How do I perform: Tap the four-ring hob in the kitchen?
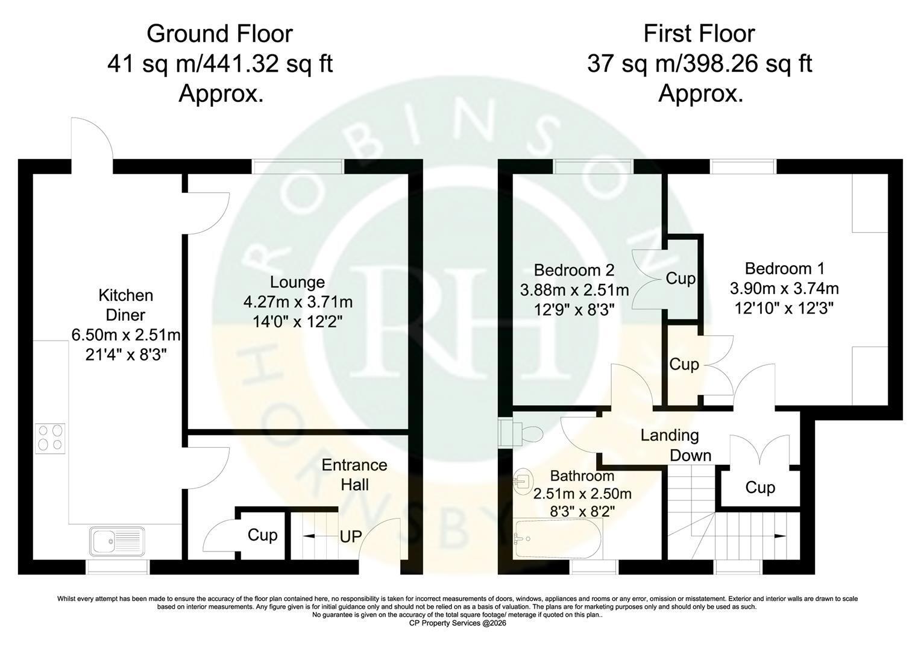coord(50,438)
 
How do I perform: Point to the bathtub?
coord(558,538)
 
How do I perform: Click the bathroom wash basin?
coord(523,481)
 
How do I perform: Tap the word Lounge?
coord(297,282)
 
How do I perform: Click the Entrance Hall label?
coord(354,474)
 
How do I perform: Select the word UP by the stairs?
coord(351,536)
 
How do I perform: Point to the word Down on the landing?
coord(691,455)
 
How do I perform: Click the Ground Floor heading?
coord(219,34)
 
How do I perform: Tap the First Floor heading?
coord(699,34)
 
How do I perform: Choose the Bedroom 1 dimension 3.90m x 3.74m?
coord(784,289)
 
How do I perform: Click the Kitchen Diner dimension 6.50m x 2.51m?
coord(126,335)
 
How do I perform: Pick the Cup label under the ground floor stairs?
coord(262,535)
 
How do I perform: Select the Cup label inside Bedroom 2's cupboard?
coord(681,278)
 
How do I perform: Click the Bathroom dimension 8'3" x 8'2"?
coord(582,512)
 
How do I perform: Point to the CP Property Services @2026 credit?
coord(457,623)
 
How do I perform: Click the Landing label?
coord(670,435)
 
